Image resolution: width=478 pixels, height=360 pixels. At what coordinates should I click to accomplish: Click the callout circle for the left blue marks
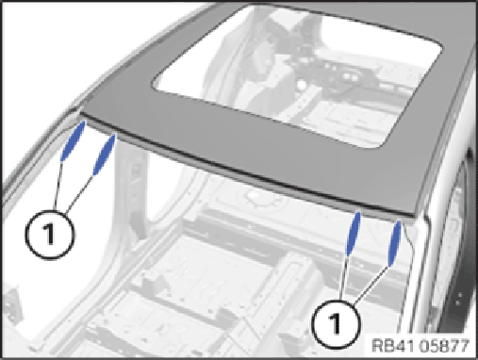(50, 235)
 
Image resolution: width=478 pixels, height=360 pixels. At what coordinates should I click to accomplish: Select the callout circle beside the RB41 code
(337, 324)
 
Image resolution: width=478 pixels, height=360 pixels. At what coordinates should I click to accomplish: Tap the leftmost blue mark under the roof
(73, 140)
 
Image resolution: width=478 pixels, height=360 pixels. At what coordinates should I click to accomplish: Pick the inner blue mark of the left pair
(105, 155)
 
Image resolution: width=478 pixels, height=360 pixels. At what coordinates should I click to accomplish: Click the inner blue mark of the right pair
(354, 234)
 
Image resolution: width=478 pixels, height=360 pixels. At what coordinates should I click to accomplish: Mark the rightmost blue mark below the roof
(394, 244)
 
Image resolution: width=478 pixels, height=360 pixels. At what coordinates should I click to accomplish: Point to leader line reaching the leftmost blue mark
(58, 186)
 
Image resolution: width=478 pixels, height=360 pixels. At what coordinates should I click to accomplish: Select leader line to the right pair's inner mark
(343, 277)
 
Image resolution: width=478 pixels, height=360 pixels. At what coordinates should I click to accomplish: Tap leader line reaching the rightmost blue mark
(372, 286)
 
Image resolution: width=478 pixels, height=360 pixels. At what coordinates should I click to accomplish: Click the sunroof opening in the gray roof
(297, 75)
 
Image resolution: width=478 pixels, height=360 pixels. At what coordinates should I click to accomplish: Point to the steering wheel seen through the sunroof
(341, 78)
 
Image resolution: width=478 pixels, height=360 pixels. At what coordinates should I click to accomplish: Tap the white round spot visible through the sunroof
(302, 85)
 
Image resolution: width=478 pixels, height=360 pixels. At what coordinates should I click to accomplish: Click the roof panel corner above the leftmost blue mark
(82, 112)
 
